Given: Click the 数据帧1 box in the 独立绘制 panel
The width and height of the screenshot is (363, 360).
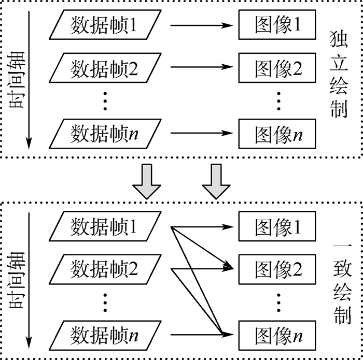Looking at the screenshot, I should click(104, 25).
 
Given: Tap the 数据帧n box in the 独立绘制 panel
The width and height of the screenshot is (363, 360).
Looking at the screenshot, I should click(104, 133).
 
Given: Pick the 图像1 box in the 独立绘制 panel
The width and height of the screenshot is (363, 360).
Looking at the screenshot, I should click(277, 25).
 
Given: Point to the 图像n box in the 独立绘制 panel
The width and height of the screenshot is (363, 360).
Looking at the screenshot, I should click(277, 133).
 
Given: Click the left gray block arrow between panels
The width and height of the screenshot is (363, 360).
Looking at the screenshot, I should click(147, 181).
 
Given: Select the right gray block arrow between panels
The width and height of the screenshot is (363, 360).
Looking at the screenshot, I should click(216, 181).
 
